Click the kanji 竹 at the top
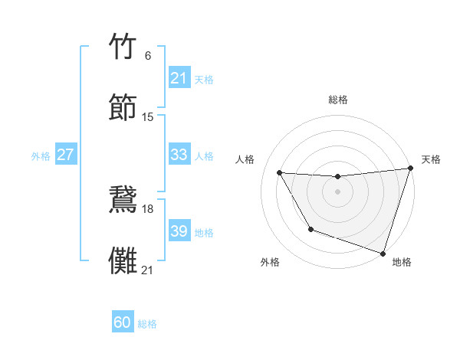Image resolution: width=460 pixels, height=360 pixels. tap(124, 48)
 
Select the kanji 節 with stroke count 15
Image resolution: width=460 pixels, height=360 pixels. tap(124, 106)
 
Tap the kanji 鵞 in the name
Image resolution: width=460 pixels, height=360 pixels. tap(124, 199)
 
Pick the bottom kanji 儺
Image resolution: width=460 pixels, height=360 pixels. tap(124, 260)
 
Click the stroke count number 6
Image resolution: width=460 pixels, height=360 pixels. tap(148, 55)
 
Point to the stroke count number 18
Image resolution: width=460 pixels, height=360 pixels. tap(148, 208)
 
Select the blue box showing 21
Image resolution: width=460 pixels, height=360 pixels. tap(179, 78)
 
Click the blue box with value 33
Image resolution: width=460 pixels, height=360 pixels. tap(179, 155)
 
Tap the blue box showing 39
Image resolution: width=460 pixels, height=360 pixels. tap(179, 231)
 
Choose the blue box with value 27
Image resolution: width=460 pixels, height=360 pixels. tap(65, 155)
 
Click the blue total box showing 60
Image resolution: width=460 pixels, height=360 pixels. tap(123, 322)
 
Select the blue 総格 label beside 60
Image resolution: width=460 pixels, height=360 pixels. tap(147, 324)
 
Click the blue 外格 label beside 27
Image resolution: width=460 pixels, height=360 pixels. tap(41, 156)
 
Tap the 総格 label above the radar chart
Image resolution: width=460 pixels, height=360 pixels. tap(338, 100)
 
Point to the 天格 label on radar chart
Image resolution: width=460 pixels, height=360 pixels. tap(431, 159)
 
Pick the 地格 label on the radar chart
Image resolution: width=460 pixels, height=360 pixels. tap(402, 262)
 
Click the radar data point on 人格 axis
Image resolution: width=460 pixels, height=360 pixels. tap(280, 173)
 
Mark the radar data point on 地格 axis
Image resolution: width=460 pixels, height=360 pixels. tap(383, 253)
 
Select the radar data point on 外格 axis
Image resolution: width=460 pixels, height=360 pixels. tap(310, 229)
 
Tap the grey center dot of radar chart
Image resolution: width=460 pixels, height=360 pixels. tap(338, 191)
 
